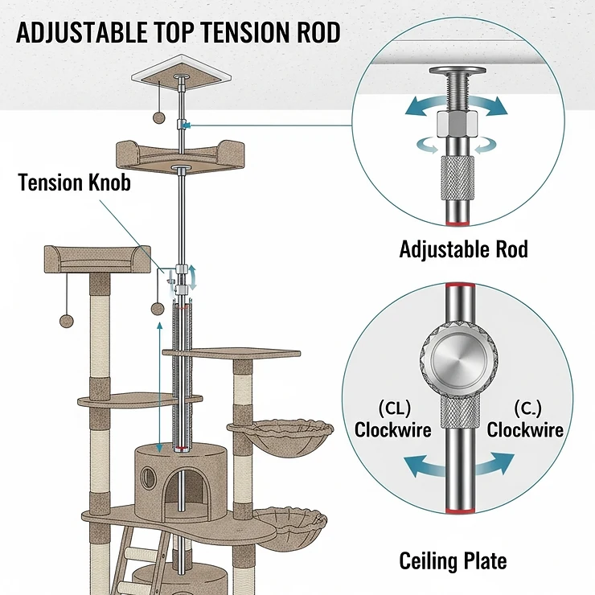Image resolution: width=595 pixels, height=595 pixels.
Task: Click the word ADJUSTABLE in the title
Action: pos(80,33)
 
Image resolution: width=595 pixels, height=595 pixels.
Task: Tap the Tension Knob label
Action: pos(75,183)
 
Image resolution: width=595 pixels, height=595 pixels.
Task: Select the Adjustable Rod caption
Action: pos(463,249)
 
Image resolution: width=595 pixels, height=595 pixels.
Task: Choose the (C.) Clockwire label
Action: pos(525,419)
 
